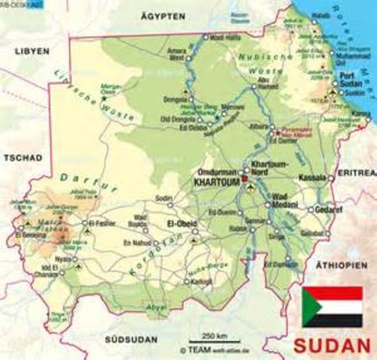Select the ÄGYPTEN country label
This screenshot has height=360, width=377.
[x=164, y=15]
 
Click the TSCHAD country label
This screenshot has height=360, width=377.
[x=20, y=159]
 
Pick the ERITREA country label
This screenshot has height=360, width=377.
[x=356, y=172]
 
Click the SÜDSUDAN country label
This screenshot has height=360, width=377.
[x=130, y=339]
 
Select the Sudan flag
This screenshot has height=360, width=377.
[x=331, y=307]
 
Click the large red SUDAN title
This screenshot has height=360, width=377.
[x=331, y=346]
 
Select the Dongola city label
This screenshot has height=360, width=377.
[x=175, y=98]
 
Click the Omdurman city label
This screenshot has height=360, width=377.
[x=218, y=170]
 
